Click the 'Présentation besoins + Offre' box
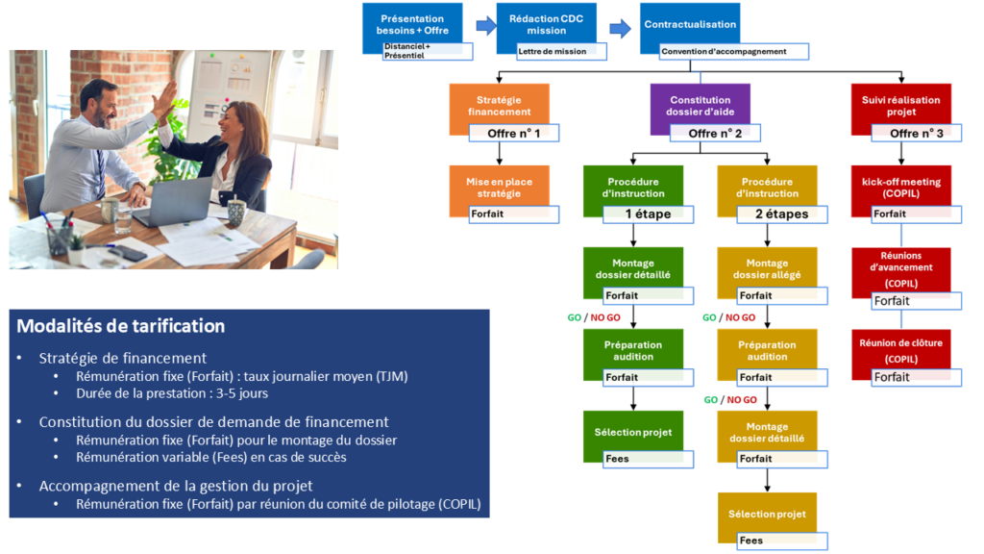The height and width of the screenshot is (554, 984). pyautogui.click(x=412, y=24)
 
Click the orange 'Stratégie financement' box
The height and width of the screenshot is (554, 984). pyautogui.click(x=499, y=105)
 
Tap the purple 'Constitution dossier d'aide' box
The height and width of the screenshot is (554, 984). pyautogui.click(x=700, y=105)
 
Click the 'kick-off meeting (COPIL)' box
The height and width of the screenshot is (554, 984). pyautogui.click(x=900, y=187)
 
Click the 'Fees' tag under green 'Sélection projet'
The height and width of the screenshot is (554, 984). pyautogui.click(x=648, y=459)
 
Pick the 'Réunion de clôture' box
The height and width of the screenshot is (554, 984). pyautogui.click(x=900, y=349)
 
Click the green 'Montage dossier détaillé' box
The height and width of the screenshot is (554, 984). pyautogui.click(x=632, y=268)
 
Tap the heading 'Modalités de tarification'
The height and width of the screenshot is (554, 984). pyautogui.click(x=121, y=326)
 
